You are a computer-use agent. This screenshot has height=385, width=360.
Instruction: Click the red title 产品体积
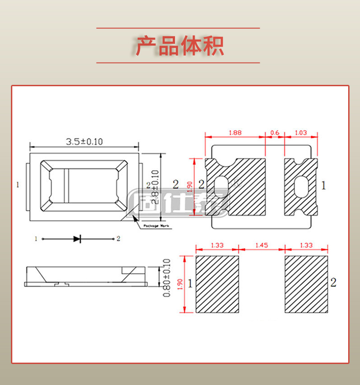click(x=180, y=46)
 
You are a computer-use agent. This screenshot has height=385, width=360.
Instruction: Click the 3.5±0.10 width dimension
click(x=84, y=141)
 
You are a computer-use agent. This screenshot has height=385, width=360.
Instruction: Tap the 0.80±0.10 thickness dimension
click(x=166, y=278)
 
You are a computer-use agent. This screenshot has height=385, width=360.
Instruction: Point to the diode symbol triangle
click(x=77, y=239)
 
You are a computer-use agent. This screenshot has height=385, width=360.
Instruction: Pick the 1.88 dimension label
click(x=235, y=133)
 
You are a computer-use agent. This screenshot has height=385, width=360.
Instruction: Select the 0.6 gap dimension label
click(x=275, y=133)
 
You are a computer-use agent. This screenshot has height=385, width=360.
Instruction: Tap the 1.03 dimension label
click(x=300, y=133)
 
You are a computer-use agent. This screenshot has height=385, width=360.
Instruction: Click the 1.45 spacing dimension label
click(x=262, y=245)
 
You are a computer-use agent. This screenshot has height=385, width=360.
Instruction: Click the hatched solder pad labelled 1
click(x=217, y=284)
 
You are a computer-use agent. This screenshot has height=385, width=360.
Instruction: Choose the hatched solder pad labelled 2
click(x=306, y=284)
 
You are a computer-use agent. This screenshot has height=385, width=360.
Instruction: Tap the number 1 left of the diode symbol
click(x=35, y=239)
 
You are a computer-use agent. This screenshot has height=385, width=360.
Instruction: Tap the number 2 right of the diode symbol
click(x=118, y=239)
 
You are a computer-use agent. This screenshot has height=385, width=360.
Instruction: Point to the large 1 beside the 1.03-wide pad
click(x=324, y=185)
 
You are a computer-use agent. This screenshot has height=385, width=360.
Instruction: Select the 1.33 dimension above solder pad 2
click(x=306, y=245)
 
